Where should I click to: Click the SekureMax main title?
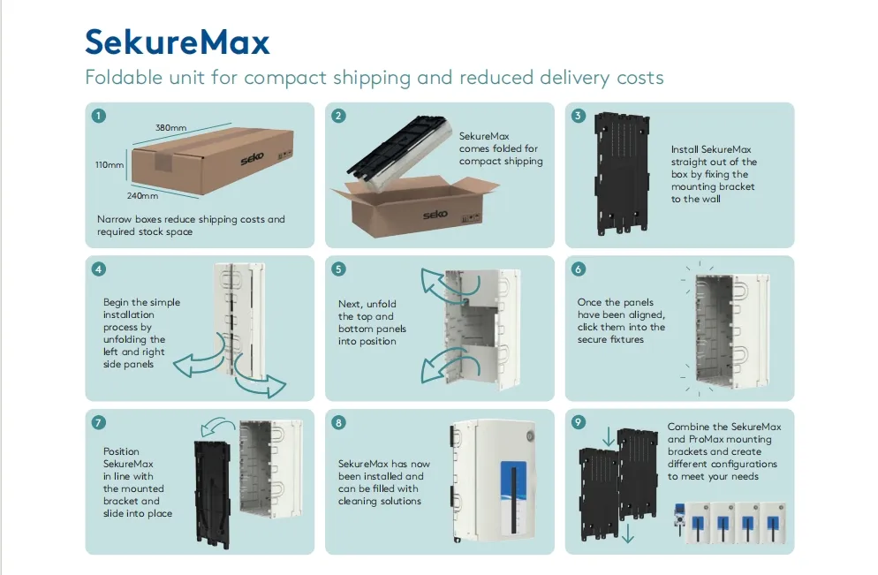point(178,42)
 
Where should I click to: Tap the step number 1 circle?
point(99,116)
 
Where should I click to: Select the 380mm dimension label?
point(170,128)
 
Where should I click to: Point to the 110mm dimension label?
point(110,164)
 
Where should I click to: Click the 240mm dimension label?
point(143,195)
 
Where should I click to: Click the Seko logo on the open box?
point(435,215)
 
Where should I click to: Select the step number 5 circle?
point(339,269)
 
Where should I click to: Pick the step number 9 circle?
point(579,422)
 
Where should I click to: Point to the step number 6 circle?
point(579,269)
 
